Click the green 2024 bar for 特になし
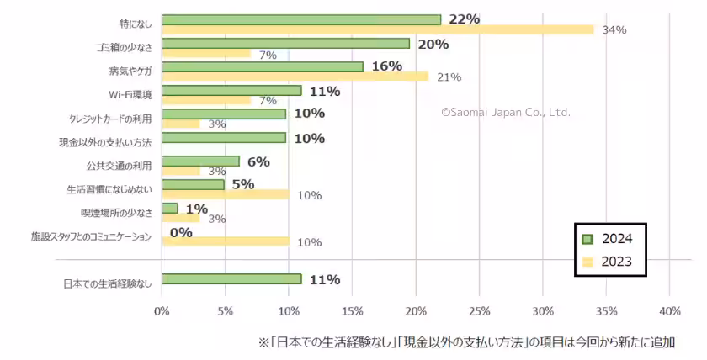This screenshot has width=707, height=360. click(300, 19)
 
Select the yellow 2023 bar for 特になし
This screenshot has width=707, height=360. click(377, 29)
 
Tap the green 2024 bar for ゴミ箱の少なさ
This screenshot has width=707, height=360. click(285, 43)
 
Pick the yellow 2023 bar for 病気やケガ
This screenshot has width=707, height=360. click(295, 77)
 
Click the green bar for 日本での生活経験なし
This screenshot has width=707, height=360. click(231, 278)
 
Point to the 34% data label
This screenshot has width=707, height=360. click(614, 30)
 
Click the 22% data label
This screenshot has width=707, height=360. click(465, 19)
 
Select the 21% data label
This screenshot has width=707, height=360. click(449, 77)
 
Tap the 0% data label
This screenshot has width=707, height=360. click(181, 232)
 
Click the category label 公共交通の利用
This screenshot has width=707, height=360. click(119, 166)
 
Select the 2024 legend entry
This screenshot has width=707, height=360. click(611, 238)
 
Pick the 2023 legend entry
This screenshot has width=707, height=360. click(611, 262)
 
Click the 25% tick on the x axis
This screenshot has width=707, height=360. click(479, 311)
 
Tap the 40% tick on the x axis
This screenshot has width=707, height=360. click(669, 311)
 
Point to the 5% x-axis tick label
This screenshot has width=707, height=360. click(225, 311)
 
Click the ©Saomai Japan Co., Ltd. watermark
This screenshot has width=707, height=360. click(506, 112)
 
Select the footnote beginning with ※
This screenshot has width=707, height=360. click(466, 343)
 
